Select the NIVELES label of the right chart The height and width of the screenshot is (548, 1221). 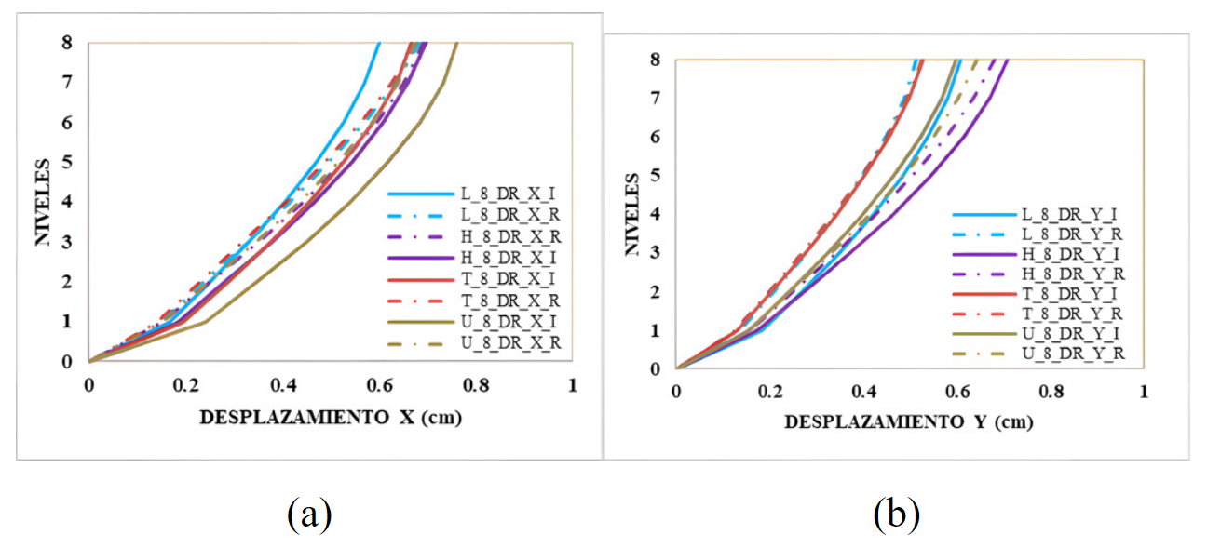tap(630, 215)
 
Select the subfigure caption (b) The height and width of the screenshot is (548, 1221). tap(897, 513)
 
